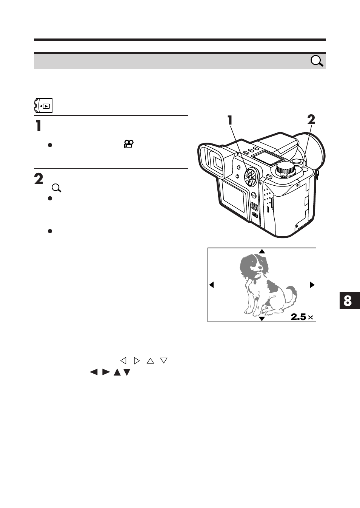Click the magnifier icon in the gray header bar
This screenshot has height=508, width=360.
(317, 61)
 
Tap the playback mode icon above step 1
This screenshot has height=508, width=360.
(43, 106)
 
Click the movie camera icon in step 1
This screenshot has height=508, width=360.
(129, 144)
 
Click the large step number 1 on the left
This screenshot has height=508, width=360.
(38, 126)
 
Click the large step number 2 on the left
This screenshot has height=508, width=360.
(38, 179)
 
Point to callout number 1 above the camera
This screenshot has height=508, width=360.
(230, 120)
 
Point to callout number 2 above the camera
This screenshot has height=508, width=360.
(311, 120)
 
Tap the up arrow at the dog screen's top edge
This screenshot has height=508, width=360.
(262, 251)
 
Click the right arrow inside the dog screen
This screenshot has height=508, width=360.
(312, 285)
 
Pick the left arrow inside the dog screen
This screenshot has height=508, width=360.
(212, 285)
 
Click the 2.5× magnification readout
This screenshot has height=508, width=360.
(302, 317)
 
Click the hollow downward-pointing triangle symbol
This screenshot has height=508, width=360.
(163, 360)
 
